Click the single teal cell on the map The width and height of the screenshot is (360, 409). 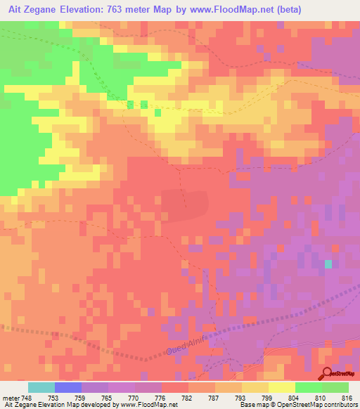pos(328,264)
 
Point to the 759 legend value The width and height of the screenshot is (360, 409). pos(82,398)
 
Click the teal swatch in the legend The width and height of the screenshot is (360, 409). pos(41,387)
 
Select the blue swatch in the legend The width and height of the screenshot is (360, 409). pos(67,387)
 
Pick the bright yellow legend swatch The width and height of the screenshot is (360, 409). pos(281,387)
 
